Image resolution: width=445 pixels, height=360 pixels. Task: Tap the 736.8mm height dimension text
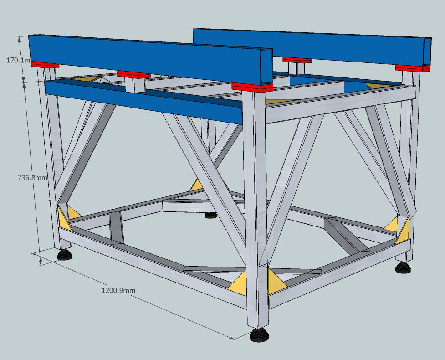(x=32, y=178)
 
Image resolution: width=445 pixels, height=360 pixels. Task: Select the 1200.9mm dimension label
(x=118, y=290)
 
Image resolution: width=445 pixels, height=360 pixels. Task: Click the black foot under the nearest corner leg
(x=259, y=335)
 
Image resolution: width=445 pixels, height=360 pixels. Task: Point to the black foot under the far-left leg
(x=65, y=254)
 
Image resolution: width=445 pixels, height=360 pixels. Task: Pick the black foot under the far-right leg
(x=403, y=267)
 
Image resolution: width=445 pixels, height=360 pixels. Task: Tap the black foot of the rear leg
(x=210, y=215)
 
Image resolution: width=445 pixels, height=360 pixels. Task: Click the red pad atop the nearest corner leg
(x=252, y=87)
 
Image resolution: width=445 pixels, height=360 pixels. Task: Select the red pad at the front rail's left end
(x=45, y=65)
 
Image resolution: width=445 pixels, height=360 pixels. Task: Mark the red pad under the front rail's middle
(x=133, y=74)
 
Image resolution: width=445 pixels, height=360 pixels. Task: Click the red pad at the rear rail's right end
(x=412, y=68)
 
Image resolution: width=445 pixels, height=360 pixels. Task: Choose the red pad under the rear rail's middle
(x=297, y=60)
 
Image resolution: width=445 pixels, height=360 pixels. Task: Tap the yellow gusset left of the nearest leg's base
(x=238, y=283)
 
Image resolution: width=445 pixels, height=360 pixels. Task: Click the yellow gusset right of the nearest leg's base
(x=275, y=281)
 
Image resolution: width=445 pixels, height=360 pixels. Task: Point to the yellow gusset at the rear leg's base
(x=196, y=185)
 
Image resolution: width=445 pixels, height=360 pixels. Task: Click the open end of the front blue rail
(x=267, y=67)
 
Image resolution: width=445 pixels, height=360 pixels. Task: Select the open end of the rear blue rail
(x=427, y=51)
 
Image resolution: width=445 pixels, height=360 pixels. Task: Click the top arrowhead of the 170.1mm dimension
(x=20, y=40)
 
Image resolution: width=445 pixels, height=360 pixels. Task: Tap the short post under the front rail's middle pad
(x=135, y=85)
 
